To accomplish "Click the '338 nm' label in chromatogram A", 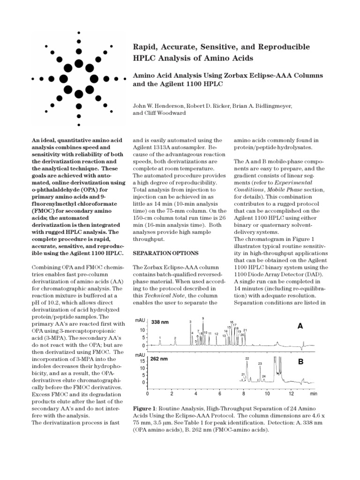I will tap(160, 322).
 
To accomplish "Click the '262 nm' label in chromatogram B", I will tap(159, 359).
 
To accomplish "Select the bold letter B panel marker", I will tap(300, 362).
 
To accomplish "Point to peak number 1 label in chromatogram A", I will tap(160, 337).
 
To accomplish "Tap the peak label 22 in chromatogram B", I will tap(247, 358).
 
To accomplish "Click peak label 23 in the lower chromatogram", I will tap(260, 364).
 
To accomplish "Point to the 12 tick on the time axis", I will tap(291, 388).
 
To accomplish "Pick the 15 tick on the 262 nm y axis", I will tap(142, 361).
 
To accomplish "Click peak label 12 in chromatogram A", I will tap(216, 334).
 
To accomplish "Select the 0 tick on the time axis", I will tap(147, 388).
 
